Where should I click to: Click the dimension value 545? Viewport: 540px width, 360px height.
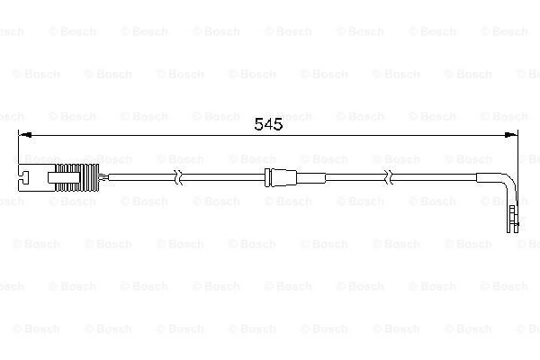269,125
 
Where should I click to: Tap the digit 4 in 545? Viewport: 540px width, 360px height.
269,125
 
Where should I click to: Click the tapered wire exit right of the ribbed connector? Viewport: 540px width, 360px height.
103,176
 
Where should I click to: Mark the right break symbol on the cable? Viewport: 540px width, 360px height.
390,176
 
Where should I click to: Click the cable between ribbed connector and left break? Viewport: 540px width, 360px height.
144,176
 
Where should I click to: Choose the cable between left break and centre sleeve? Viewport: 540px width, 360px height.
225,176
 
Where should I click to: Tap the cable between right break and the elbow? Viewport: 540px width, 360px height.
450,176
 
